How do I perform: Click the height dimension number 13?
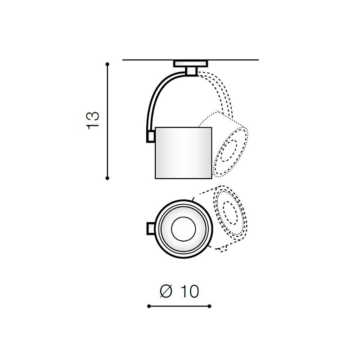click(93, 121)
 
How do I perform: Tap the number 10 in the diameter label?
click(189, 291)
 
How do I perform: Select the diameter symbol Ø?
click(166, 291)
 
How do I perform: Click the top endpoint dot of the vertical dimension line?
click(107, 64)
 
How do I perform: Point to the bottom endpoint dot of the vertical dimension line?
click(107, 178)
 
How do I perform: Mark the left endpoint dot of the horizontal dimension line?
click(149, 306)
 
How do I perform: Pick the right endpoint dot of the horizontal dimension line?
click(209, 306)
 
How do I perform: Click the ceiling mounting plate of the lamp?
click(190, 63)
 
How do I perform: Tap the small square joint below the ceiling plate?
click(191, 71)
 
